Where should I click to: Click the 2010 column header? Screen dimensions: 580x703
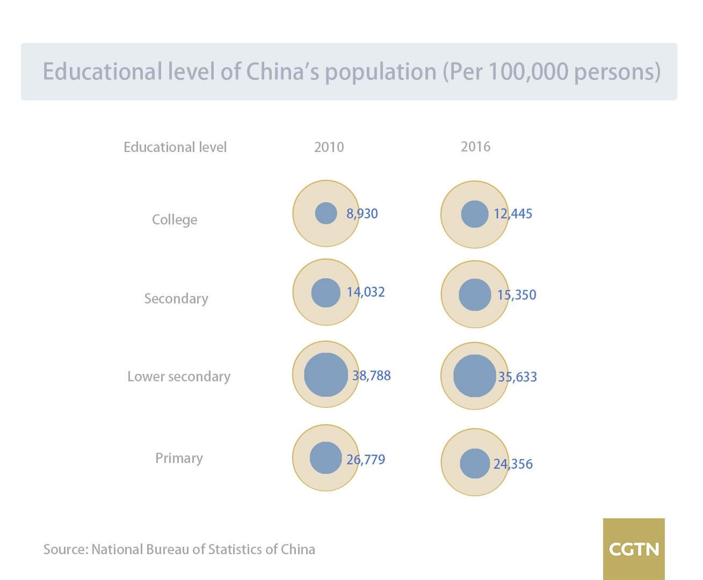[329, 147]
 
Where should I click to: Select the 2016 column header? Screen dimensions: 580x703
[475, 147]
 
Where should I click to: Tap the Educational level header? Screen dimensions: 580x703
[175, 147]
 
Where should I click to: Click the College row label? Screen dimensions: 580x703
[175, 220]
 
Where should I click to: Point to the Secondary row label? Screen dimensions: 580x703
[176, 299]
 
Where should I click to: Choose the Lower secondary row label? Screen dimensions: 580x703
[179, 376]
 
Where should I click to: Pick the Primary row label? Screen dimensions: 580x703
[179, 458]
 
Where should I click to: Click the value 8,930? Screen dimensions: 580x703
[362, 214]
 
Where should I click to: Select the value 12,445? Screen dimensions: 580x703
[513, 214]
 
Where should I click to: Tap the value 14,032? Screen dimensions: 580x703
[366, 292]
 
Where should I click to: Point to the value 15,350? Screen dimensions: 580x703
[517, 295]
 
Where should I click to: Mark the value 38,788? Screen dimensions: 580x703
[372, 375]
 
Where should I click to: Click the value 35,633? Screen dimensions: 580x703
[517, 377]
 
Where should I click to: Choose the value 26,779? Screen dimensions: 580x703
[366, 460]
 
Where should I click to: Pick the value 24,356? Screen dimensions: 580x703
[513, 464]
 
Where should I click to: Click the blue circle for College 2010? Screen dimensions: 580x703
[325, 213]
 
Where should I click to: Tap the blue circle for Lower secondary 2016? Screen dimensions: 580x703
[474, 376]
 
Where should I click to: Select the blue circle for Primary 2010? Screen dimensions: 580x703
[325, 458]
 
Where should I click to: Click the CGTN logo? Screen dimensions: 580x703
[634, 549]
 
